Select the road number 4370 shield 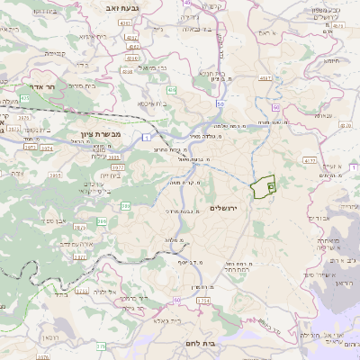coord(310,161)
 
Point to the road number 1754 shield coord(203,300)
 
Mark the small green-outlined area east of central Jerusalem coord(262,187)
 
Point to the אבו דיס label coord(317,218)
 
